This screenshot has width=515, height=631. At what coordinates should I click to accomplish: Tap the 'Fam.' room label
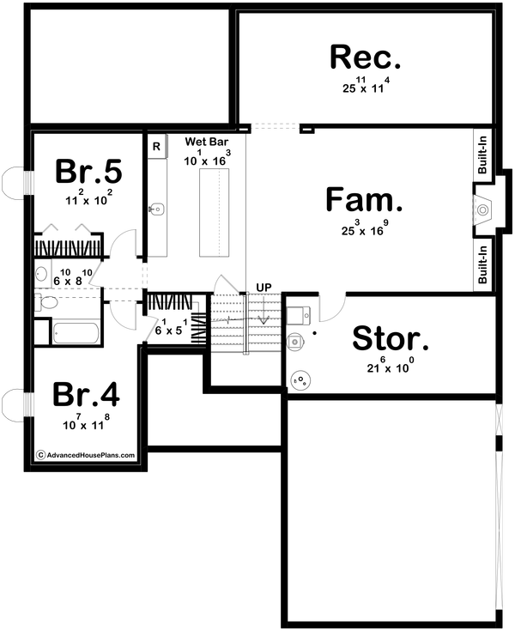coord(365,200)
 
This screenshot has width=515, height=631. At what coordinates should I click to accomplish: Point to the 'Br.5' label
coord(89,171)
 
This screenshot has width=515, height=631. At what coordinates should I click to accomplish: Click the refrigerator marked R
coord(156,147)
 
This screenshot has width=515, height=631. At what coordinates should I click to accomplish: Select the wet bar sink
coord(156,208)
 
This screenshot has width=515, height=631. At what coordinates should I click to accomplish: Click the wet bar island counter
coord(215,211)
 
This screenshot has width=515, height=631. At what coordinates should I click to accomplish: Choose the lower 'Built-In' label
coord(483,264)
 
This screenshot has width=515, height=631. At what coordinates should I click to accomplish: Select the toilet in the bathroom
coord(47,302)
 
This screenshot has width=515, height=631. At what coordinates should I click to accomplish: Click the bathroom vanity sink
coord(41,275)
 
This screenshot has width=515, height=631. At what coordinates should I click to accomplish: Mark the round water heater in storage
coord(301,379)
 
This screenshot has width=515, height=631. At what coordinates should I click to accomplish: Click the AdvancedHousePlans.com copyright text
coord(85,456)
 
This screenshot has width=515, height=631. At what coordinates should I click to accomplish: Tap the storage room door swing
coord(333,304)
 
